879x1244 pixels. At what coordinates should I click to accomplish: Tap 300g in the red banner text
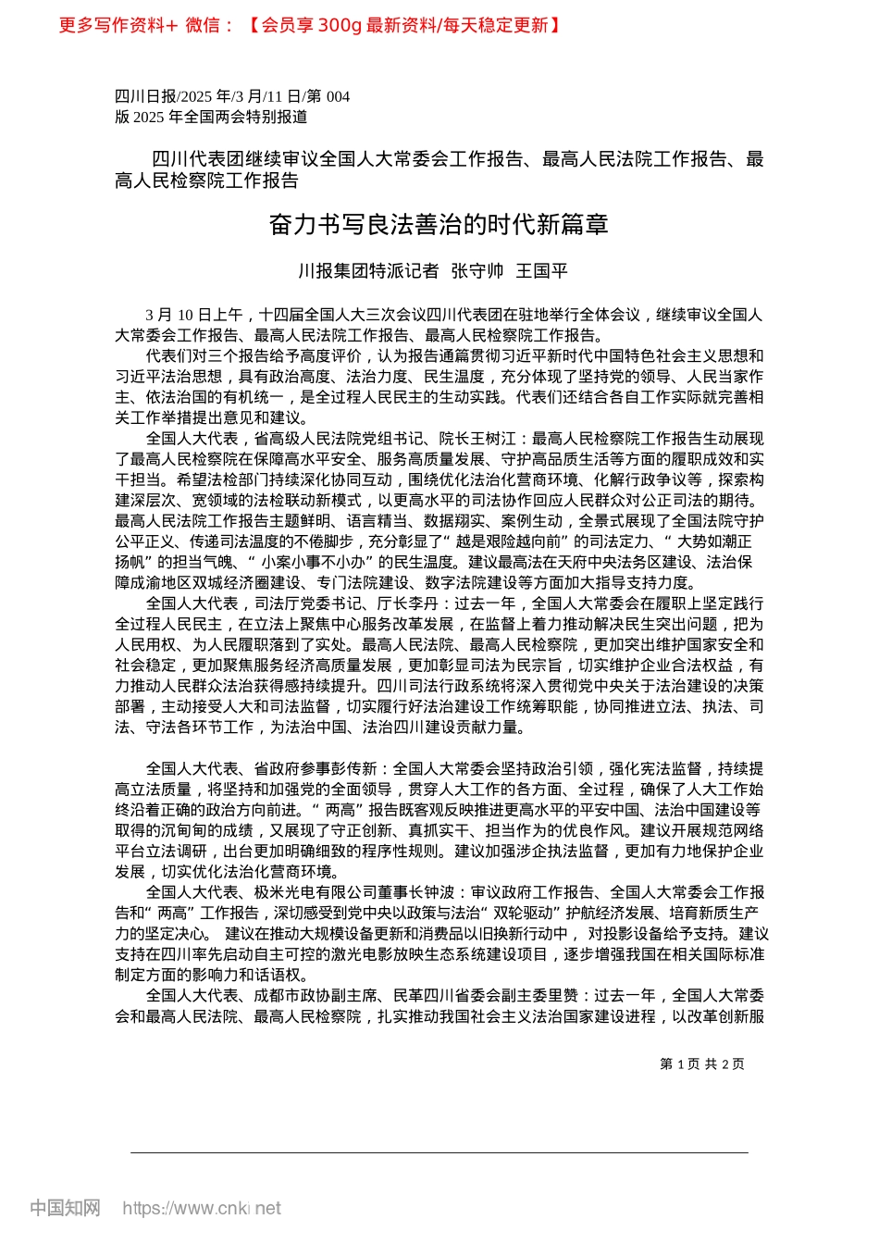pyautogui.click(x=339, y=25)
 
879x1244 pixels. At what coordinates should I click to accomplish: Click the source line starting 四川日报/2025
pyautogui.click(x=232, y=96)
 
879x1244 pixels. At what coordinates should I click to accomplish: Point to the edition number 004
pyautogui.click(x=338, y=96)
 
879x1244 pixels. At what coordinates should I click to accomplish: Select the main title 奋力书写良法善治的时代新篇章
pyautogui.click(x=439, y=225)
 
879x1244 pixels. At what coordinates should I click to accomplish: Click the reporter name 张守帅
pyautogui.click(x=477, y=271)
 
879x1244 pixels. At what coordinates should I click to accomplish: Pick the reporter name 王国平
pyautogui.click(x=541, y=271)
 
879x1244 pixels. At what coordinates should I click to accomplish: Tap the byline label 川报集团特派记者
pyautogui.click(x=368, y=271)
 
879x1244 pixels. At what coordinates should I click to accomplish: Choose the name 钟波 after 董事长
pyautogui.click(x=439, y=893)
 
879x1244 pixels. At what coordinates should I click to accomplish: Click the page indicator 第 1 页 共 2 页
pyautogui.click(x=702, y=1064)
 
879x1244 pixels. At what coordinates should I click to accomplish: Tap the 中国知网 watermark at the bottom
pyautogui.click(x=65, y=1209)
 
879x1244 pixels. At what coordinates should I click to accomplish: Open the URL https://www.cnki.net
pyautogui.click(x=201, y=1209)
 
